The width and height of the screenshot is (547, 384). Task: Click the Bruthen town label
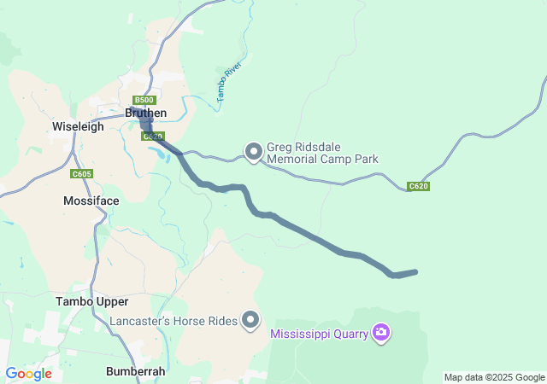[x=146, y=113]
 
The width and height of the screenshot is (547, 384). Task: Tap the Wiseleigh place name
[x=78, y=126]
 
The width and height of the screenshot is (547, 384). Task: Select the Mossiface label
[x=91, y=201]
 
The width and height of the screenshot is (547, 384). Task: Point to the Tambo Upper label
[x=91, y=301]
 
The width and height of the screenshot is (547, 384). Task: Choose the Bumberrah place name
[x=136, y=371]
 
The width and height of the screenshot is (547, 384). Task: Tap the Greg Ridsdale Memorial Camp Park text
[x=322, y=153]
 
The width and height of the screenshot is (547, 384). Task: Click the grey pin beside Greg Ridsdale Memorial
[x=254, y=152]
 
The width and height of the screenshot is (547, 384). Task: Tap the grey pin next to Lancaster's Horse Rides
[x=250, y=320]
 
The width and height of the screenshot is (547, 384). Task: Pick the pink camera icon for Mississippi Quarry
[x=381, y=332]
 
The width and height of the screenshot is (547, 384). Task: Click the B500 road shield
[x=144, y=100]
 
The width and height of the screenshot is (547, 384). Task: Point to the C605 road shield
[x=82, y=174]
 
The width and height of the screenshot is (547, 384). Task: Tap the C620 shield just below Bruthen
[x=152, y=136]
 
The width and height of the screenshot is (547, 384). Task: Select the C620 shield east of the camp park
[x=418, y=186]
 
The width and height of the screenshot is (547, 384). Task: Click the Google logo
[x=28, y=374]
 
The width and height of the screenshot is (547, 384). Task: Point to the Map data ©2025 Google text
[x=494, y=377]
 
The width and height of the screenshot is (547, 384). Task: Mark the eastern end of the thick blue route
[x=415, y=272]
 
